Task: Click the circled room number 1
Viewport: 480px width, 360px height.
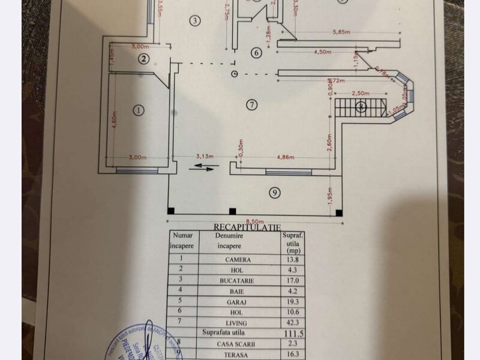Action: point(138,110)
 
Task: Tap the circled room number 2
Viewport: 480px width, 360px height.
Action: point(143,58)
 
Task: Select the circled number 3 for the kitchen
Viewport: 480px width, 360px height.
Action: point(194,20)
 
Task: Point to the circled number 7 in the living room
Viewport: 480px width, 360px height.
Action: point(251,104)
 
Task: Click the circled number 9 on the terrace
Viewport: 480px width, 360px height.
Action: point(274,193)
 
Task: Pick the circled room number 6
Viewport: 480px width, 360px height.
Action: point(256,53)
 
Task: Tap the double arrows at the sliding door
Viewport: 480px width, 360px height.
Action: point(201,169)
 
